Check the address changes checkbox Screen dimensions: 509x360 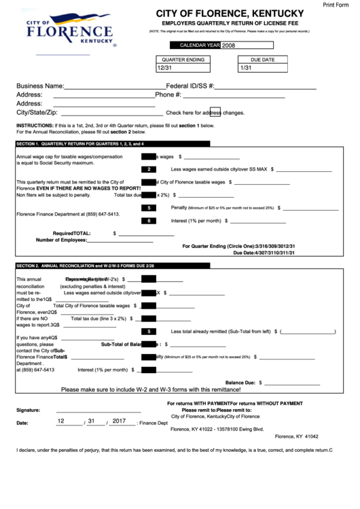[215, 112]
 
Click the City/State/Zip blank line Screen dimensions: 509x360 [109, 115]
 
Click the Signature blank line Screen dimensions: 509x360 [98, 411]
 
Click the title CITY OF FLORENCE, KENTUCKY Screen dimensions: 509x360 [230, 14]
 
